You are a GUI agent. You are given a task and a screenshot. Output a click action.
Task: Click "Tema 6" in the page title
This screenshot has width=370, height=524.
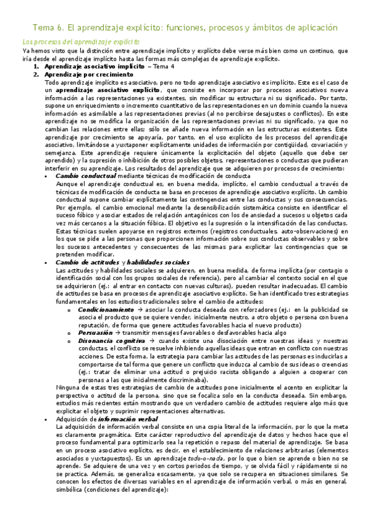tap(46, 28)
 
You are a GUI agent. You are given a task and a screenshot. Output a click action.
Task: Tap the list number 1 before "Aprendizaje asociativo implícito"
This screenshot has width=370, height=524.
tap(36, 66)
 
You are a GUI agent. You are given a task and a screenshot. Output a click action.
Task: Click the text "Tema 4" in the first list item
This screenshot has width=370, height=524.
tap(164, 66)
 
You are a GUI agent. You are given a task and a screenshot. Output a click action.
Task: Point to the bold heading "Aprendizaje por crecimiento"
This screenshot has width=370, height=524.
tap(81, 74)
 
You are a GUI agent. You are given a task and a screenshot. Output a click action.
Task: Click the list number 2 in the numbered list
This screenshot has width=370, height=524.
tap(36, 74)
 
